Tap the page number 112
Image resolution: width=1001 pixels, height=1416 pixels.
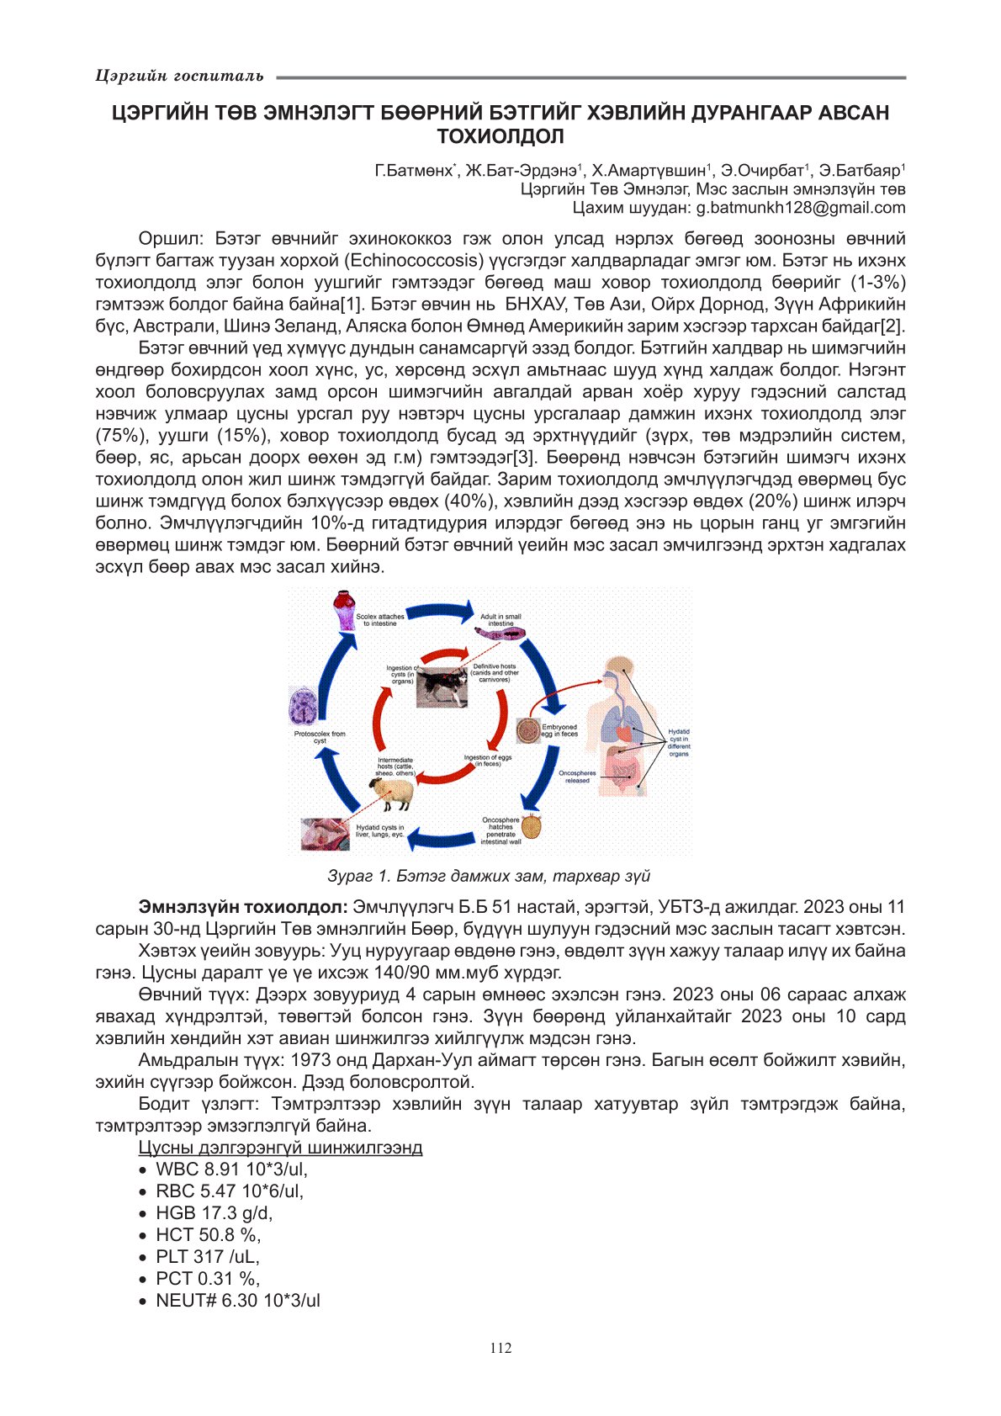(500, 1348)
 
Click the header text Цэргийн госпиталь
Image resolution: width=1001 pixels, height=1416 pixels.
(180, 77)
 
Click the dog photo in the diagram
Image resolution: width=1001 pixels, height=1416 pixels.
(442, 685)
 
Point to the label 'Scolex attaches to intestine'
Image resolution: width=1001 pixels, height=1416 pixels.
(379, 620)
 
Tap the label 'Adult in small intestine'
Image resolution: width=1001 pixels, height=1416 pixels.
(500, 620)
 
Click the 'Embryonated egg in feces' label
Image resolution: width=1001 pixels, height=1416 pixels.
(559, 730)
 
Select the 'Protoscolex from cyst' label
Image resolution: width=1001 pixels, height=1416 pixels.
(320, 737)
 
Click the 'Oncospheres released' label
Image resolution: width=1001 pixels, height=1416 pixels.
(577, 777)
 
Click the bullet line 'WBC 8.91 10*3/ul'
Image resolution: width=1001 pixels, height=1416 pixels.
(231, 1169)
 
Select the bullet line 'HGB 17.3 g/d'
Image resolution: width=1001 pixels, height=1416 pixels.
(214, 1213)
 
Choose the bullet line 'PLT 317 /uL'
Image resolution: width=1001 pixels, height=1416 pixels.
(207, 1257)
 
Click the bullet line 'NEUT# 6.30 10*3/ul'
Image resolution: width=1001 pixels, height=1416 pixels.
(238, 1301)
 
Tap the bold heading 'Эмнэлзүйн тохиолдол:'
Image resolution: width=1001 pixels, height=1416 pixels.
(243, 907)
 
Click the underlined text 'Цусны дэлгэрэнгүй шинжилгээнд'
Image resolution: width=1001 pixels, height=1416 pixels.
(280, 1148)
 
